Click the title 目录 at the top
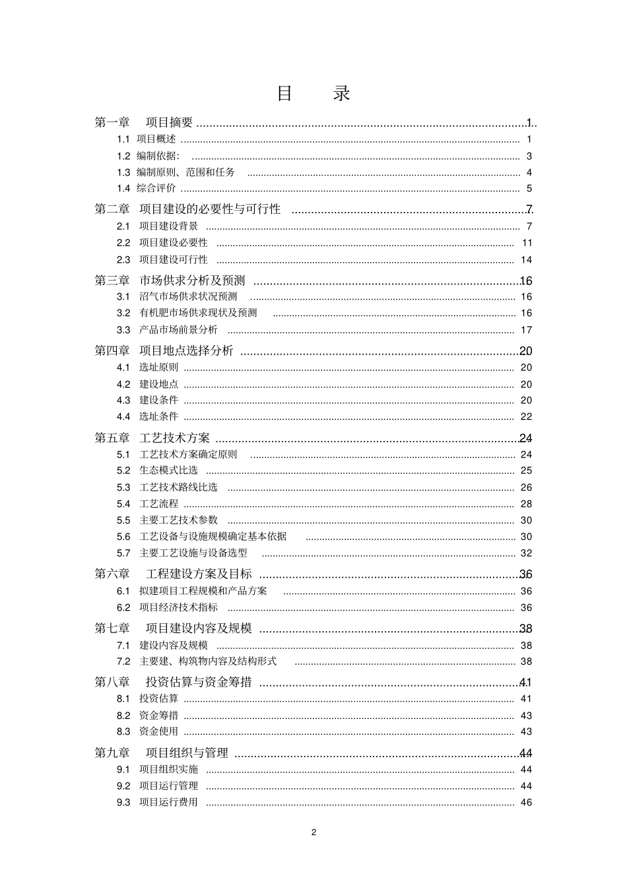313,94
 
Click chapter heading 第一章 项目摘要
144,122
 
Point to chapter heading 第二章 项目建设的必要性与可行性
188,209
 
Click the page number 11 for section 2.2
527,243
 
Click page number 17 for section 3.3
526,329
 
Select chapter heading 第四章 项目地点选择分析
164,351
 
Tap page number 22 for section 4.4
526,417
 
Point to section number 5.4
123,504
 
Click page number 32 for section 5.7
526,553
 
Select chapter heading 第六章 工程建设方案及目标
174,574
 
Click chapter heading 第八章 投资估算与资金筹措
174,683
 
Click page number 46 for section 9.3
526,803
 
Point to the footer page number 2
313,832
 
